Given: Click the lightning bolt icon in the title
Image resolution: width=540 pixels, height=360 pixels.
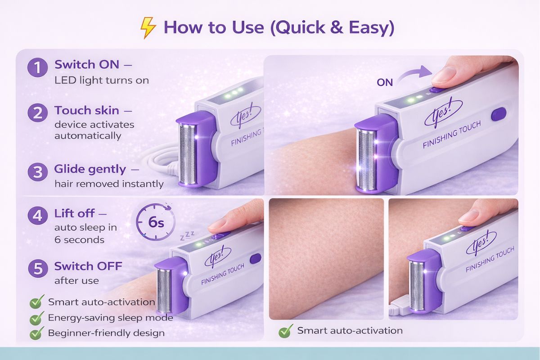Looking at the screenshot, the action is (148, 27).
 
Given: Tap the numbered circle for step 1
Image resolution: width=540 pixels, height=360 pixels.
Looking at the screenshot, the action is (37, 67).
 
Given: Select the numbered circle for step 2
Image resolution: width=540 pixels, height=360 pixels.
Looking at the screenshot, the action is (37, 113).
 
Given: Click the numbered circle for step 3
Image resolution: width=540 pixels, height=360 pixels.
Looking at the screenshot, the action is (37, 172).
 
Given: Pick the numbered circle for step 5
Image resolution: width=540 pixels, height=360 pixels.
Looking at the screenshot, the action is (38, 268).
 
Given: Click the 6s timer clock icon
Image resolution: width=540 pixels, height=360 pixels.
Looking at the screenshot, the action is (156, 222).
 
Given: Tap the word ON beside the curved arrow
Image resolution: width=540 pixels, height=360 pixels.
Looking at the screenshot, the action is (385, 82).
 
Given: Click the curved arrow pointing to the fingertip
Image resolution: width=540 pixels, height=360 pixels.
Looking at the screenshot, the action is (414, 73).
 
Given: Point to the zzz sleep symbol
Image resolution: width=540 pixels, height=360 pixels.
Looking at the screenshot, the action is (187, 236).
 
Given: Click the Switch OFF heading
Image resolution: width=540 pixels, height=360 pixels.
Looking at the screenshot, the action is (88, 266).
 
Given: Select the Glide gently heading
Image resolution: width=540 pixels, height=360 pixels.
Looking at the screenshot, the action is (90, 169).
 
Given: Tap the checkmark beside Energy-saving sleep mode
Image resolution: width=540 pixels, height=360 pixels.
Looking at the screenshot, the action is (37, 318).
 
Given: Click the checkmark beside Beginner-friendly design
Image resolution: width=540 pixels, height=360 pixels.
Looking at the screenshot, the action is (37, 333).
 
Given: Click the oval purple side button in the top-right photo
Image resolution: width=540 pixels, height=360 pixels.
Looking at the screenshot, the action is (499, 114).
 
